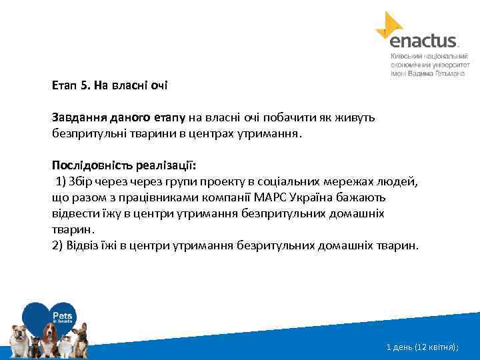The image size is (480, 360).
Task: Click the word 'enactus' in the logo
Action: click(423, 41)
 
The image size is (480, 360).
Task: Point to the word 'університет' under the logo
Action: click(453, 67)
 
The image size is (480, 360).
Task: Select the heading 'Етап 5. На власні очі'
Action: click(110, 85)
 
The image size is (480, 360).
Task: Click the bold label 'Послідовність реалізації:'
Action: click(124, 165)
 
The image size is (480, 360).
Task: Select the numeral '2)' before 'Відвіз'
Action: click(57, 245)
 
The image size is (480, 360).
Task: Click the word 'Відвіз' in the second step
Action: click(83, 245)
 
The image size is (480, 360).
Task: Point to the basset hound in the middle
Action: click(50, 333)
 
